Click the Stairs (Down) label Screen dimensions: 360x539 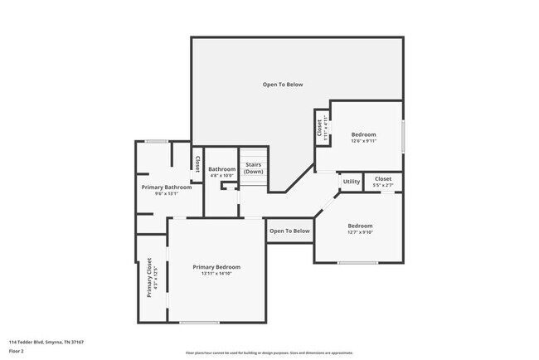(253, 167)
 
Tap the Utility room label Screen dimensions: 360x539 (352, 181)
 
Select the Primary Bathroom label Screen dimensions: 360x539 (167, 187)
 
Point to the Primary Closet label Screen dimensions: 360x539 (149, 277)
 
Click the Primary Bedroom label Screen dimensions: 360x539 (216, 266)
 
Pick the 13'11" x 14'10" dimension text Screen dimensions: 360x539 (216, 274)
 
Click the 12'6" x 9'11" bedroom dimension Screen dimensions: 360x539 (363, 141)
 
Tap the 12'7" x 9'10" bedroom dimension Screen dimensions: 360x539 (360, 232)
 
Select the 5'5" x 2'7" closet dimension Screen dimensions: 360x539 (383, 185)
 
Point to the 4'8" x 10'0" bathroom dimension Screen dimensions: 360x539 (221, 176)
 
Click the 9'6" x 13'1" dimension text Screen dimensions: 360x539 (167, 194)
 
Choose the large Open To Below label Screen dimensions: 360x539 (283, 85)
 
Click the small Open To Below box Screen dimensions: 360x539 (289, 231)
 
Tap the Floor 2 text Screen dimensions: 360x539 (17, 351)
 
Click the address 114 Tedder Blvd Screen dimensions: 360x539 (46, 342)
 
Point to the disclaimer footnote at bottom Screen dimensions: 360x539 (269, 353)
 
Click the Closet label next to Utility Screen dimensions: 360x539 (383, 178)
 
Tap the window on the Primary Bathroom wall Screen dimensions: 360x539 (157, 141)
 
